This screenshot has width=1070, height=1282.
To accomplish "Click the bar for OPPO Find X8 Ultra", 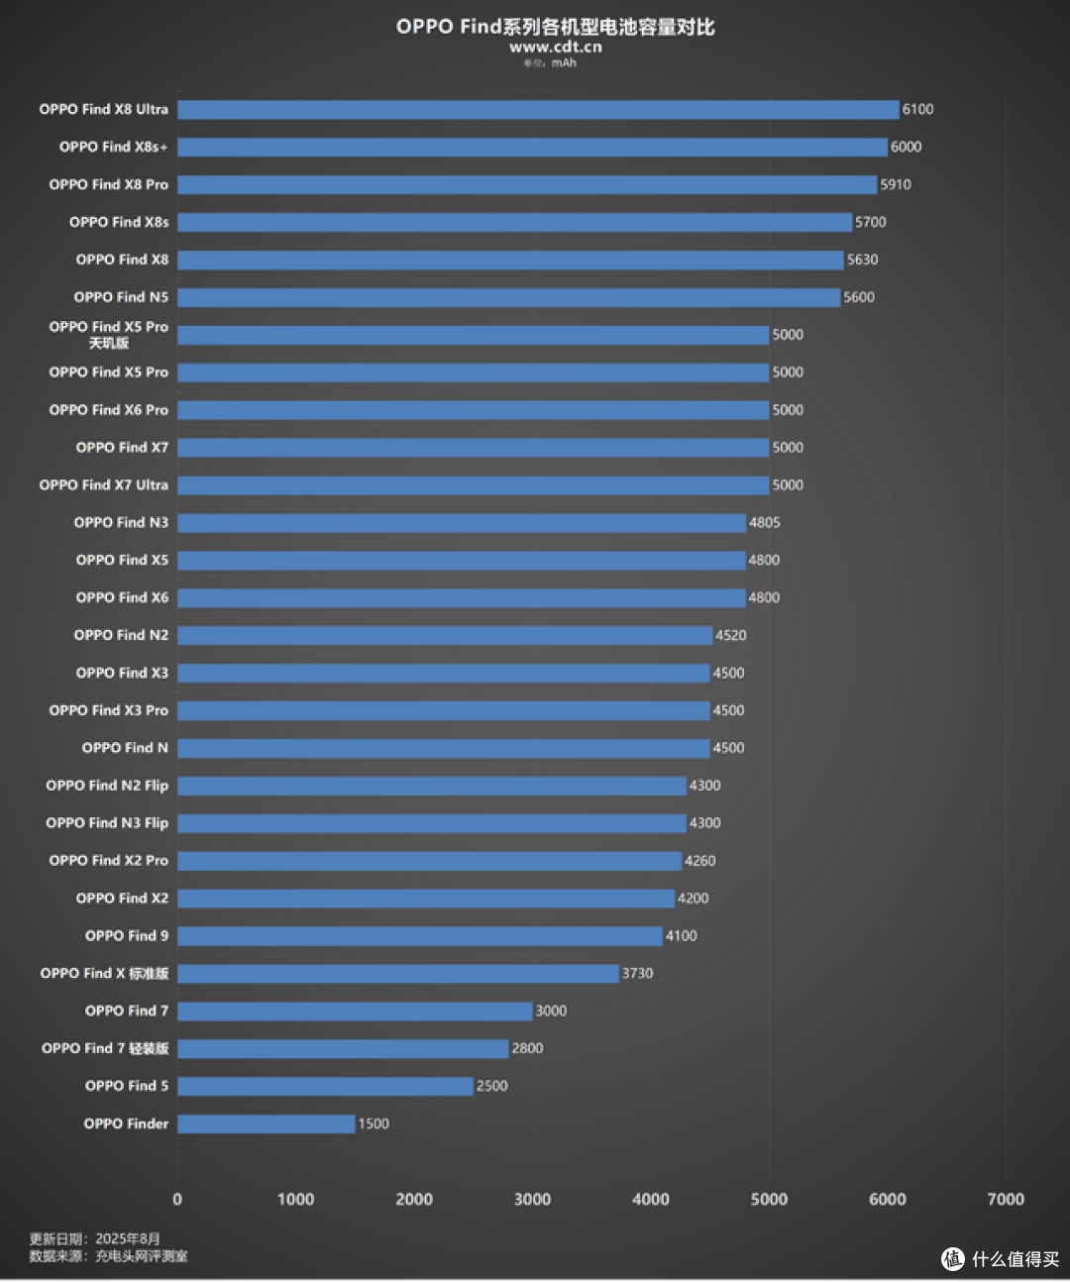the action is coord(538,109).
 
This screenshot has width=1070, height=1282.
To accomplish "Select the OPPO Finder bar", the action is coord(267,1123).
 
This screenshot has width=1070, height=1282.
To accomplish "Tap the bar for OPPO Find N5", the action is coord(509,297).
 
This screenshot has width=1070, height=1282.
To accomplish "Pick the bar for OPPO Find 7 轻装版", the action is coord(343,1048).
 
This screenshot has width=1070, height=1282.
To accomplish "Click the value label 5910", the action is coord(896,185).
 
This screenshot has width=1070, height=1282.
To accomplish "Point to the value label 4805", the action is coord(764,522).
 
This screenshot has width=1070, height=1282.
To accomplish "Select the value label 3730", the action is coord(637,973).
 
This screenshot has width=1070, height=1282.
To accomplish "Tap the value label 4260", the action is coord(699,861).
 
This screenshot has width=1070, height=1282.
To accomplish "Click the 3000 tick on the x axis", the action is coord(532,1199).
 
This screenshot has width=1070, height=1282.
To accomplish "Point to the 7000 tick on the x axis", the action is coord(1006,1199).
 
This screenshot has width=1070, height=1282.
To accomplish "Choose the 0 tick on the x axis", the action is coord(177,1199).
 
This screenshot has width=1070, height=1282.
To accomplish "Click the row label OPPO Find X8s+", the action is coord(114,147).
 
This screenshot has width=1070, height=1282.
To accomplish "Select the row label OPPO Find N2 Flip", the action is coord(107,786).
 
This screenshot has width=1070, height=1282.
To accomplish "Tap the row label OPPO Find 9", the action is coord(127,935).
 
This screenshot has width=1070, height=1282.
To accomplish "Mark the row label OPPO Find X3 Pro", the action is coord(109,710).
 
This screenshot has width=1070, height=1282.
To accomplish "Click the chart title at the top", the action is coord(555,27).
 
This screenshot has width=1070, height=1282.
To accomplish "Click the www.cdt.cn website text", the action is coord(556,48).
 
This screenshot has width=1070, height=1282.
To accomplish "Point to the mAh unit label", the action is coord(564,63).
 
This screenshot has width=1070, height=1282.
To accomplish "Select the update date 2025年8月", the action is coord(128,1239).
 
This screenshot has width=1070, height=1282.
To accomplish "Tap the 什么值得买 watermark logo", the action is coord(1002,1259).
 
